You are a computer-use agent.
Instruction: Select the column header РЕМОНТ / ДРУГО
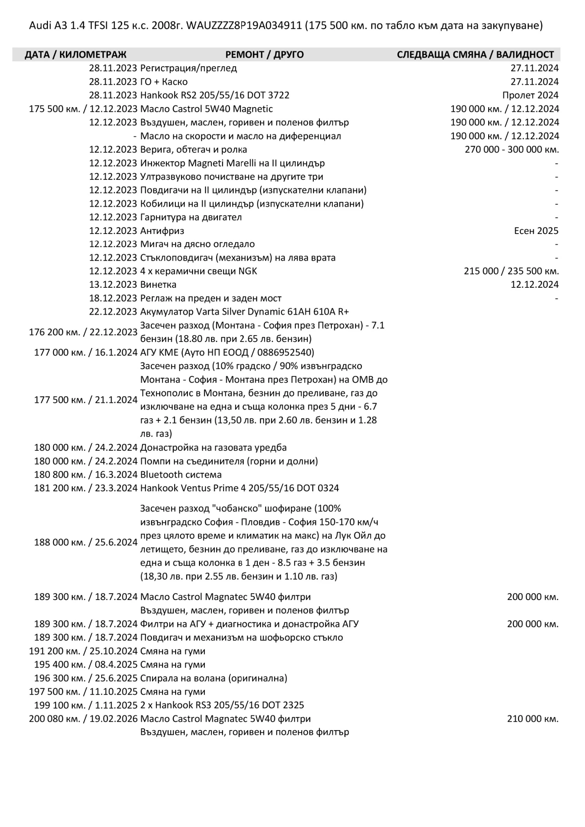[x=264, y=55]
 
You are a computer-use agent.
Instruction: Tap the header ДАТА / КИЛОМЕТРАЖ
[x=75, y=55]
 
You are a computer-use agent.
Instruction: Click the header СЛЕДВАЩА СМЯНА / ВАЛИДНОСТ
[x=475, y=55]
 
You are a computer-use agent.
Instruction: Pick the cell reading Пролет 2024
[x=530, y=95]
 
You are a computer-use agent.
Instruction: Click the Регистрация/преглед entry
[x=188, y=68]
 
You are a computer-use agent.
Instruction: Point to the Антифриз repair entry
[x=162, y=231]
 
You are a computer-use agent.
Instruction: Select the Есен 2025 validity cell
[x=536, y=231]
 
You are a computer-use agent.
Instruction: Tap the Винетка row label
[x=158, y=285]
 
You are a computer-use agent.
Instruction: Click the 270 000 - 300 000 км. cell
[x=512, y=150]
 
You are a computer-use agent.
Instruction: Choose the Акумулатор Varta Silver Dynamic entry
[x=244, y=312]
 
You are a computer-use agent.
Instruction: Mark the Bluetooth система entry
[x=181, y=475]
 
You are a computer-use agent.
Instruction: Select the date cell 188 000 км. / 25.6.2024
[x=86, y=542]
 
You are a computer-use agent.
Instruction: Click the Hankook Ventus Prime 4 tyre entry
[x=239, y=488]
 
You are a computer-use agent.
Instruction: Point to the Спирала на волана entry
[x=214, y=678]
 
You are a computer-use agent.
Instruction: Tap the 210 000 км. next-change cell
[x=532, y=719]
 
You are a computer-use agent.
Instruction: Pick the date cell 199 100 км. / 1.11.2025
[x=86, y=705]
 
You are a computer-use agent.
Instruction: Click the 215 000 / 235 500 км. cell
[x=511, y=271]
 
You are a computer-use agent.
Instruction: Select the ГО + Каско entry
[x=164, y=82]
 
